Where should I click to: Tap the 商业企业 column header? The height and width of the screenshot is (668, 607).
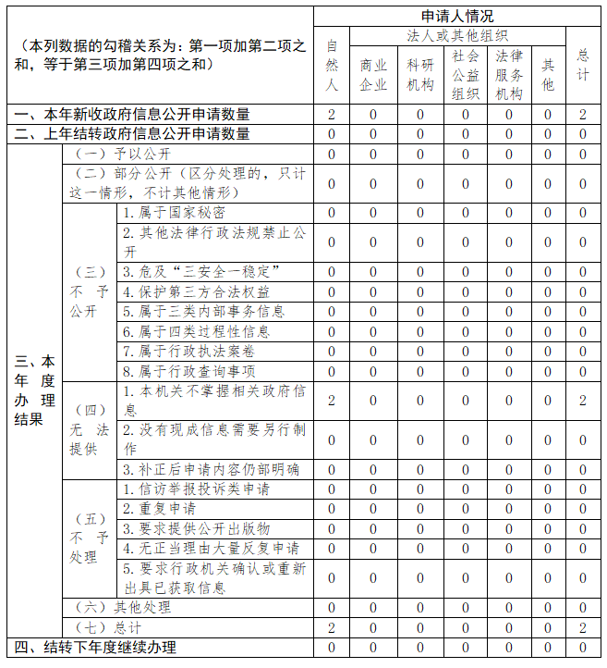coord(373,75)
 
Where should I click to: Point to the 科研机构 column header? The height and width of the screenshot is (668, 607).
coord(419,75)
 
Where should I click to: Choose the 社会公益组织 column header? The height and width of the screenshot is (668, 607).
coord(466,75)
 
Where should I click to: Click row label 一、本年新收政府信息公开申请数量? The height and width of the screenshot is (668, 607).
coord(132,115)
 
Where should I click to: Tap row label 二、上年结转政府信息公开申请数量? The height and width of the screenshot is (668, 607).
coord(132,134)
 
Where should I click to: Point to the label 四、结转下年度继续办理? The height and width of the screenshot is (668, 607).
coord(94,648)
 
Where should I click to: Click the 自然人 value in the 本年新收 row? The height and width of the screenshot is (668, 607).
coord(332,115)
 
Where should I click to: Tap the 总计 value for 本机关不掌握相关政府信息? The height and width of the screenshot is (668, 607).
coord(582,401)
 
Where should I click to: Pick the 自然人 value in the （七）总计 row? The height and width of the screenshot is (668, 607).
coord(332,628)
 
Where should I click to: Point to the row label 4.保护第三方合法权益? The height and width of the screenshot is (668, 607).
coord(196,291)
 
